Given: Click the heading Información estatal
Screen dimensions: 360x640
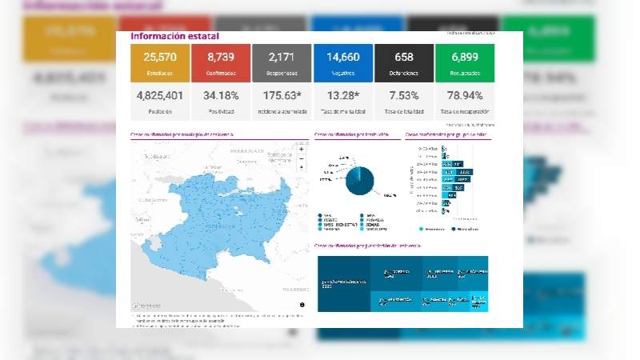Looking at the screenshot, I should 174,36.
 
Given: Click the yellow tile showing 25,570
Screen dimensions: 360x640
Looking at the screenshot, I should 160,62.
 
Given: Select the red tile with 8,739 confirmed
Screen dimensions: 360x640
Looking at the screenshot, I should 221,62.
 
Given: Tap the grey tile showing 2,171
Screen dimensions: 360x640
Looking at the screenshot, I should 282,62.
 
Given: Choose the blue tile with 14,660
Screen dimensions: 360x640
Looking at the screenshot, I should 342,62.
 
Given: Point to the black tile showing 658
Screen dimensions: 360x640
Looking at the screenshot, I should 403,62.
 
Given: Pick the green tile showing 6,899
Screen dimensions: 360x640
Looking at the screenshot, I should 465,62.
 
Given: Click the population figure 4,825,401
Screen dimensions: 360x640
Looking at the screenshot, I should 160,98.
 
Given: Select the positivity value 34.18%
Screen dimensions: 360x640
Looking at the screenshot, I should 221,98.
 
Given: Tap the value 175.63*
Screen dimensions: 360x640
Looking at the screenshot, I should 282,98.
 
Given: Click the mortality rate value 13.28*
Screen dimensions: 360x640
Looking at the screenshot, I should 342,98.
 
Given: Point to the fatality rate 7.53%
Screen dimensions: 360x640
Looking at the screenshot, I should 403,98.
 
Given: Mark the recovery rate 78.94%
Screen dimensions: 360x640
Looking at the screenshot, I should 465,98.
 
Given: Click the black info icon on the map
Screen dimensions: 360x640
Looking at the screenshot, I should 302,305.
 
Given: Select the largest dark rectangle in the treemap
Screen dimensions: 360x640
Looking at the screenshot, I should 344,283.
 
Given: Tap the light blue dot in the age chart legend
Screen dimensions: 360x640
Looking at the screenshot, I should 411,228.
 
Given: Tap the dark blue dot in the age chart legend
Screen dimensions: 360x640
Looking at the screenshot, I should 452,228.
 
